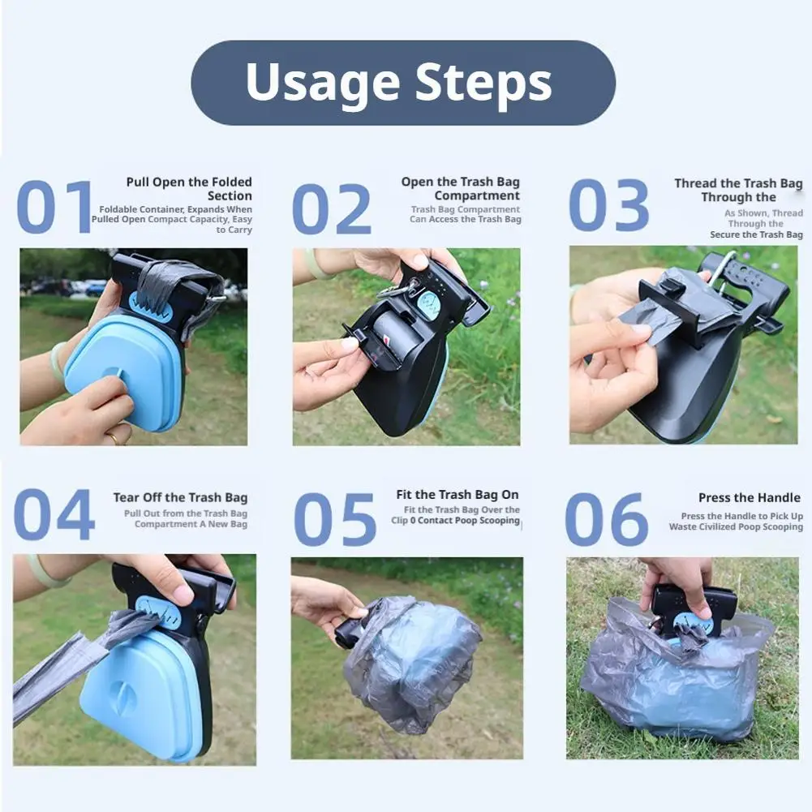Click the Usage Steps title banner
click(403, 83)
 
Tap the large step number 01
click(54, 206)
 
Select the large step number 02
click(332, 208)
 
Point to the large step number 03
click(608, 205)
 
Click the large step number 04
click(54, 515)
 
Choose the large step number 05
click(334, 519)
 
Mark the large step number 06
click(607, 519)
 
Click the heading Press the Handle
click(750, 497)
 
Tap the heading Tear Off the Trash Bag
click(180, 497)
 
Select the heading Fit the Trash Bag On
click(458, 495)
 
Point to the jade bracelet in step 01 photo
click(58, 362)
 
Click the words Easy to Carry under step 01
click(234, 225)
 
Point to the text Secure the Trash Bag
click(756, 234)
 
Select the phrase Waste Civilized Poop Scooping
click(736, 526)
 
